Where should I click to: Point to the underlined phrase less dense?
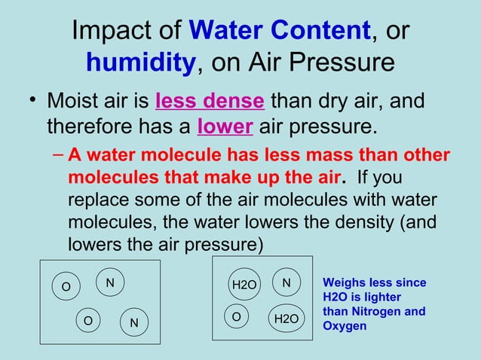[210, 100]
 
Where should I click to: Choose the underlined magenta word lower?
[224, 126]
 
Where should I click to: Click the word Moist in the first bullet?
[74, 100]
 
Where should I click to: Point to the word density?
[357, 224]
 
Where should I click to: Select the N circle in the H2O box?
[286, 282]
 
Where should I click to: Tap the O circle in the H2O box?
[237, 317]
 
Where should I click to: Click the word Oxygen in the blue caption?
[345, 325]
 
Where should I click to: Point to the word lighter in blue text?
[380, 297]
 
